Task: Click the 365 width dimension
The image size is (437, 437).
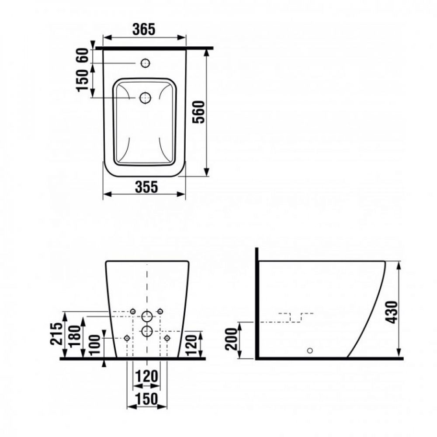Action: click(144, 29)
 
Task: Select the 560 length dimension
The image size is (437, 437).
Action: click(198, 112)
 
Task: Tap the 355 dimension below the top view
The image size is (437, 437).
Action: click(146, 187)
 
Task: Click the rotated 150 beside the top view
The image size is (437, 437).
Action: click(83, 80)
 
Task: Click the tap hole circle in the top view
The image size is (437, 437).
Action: click(144, 63)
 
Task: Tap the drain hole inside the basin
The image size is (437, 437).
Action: click(145, 98)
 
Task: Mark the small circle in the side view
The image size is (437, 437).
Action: click(310, 350)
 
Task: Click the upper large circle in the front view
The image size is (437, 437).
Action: click(147, 316)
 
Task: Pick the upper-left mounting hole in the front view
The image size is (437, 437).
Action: click(133, 311)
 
